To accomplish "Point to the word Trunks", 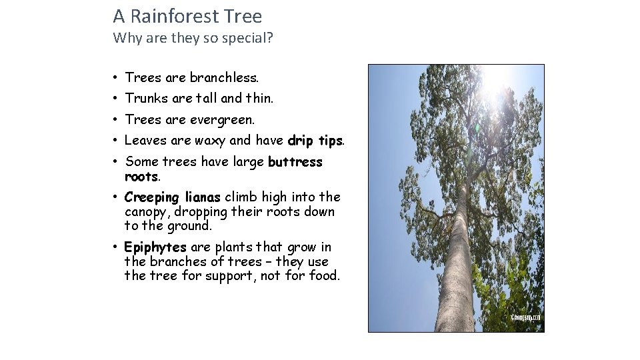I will coord(146,99).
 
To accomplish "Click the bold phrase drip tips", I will coord(315,141).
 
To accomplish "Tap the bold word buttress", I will coord(295,162).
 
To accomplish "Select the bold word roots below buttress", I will coord(141,177).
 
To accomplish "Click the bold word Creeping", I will coord(151,197).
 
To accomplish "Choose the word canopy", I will coord(146,212).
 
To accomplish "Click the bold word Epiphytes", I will coord(155,247).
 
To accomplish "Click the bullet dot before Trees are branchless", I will coord(115,78).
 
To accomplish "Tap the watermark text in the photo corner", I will coord(525,318).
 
